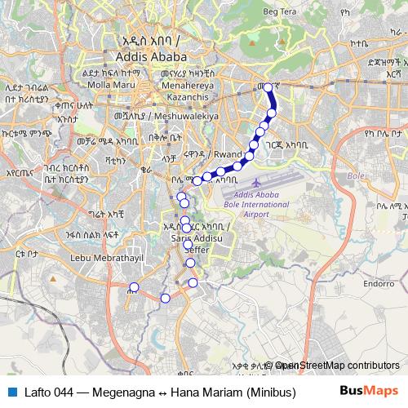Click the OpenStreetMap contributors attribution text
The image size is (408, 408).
[337, 366]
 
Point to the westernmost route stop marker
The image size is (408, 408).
[134, 287]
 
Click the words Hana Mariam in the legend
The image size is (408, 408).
[202, 391]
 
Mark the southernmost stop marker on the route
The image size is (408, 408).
[165, 299]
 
